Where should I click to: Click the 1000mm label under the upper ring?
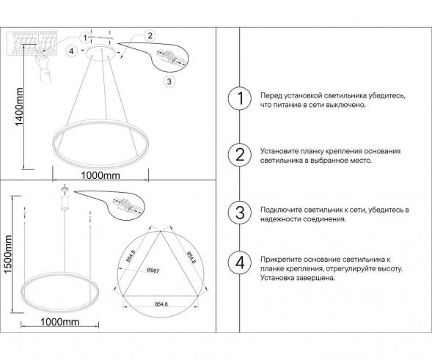(100, 176)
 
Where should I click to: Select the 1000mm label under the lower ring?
(59, 323)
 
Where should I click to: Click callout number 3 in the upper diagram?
(169, 81)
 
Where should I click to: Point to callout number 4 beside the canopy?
(70, 51)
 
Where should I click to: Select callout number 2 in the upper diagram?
(150, 35)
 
